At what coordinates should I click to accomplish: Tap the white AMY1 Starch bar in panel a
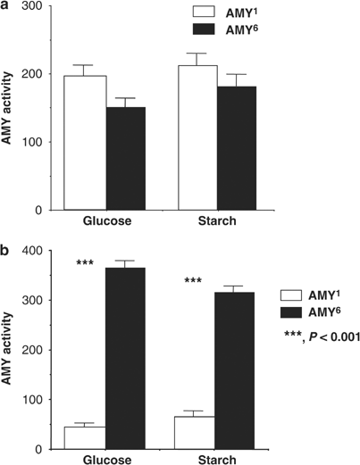(x=198, y=138)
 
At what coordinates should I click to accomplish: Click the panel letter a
(x=6, y=6)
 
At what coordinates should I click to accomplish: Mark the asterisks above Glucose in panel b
(x=86, y=263)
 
